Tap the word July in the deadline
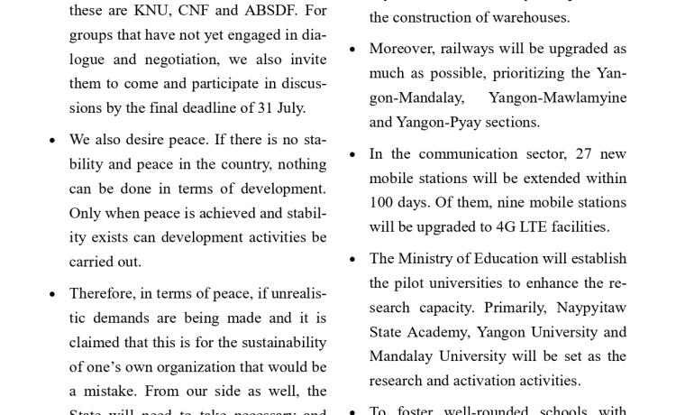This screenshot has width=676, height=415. click(x=290, y=108)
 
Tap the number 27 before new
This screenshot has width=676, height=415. click(x=583, y=154)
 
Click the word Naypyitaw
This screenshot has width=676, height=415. click(x=590, y=308)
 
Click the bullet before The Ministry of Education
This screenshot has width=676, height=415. click(x=352, y=260)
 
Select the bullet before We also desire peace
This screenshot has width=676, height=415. click(x=52, y=141)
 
